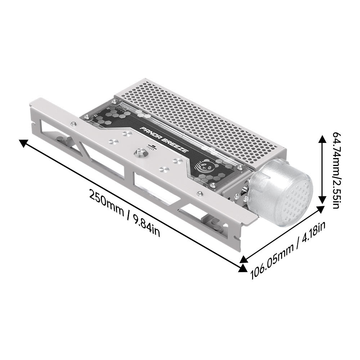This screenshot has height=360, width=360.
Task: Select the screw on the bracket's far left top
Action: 73,124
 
